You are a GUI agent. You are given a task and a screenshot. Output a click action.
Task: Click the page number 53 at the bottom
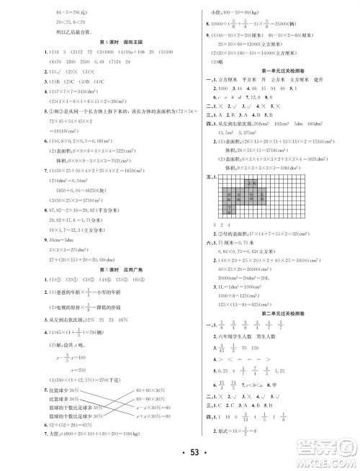click(179, 452)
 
